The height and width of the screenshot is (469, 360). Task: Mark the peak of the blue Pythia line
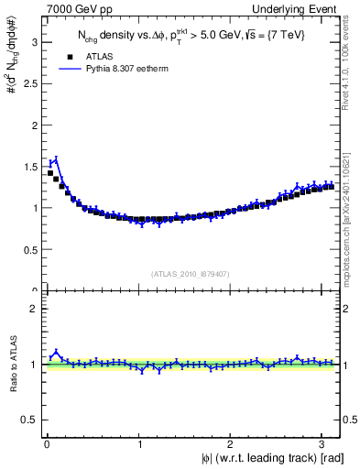[x=56, y=158]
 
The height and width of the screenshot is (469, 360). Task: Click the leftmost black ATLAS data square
[x=49, y=172]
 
